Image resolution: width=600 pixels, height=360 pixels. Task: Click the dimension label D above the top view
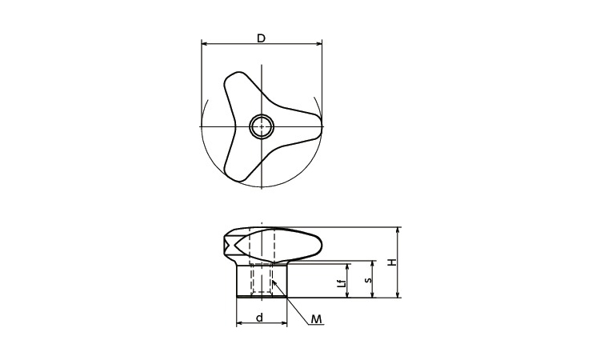(261, 37)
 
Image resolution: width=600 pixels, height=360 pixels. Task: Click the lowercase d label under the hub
(260, 318)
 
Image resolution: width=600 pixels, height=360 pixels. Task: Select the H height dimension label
(390, 262)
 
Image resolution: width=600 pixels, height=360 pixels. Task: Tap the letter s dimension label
(366, 280)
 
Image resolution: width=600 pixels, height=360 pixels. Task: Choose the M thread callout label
(317, 319)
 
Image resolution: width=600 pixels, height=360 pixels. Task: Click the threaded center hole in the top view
(262, 126)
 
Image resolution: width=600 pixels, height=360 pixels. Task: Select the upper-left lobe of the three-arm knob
(233, 82)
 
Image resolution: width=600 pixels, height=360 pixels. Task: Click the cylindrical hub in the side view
(262, 279)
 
